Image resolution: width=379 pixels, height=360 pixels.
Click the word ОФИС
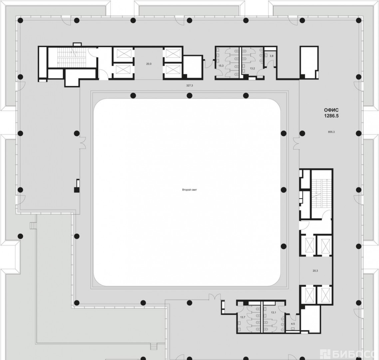(x=331, y=110)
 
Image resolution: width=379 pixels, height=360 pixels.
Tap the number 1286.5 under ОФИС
(x=331, y=116)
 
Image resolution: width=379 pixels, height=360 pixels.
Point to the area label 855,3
(x=331, y=132)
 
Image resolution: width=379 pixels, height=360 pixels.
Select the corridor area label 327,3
(x=189, y=85)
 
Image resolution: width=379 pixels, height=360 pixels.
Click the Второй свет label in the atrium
(x=189, y=190)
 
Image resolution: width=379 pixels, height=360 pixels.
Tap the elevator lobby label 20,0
(x=149, y=64)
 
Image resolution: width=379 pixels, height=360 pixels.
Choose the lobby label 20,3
(x=315, y=271)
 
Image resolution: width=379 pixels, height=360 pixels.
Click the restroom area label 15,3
(x=221, y=66)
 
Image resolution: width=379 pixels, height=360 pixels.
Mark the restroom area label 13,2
(x=252, y=68)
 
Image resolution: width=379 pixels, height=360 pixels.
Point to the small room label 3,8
(x=271, y=56)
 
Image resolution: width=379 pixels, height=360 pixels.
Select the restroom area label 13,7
(x=243, y=317)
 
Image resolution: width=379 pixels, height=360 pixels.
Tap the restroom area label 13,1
(x=273, y=313)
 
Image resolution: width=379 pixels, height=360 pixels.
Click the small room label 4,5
(x=293, y=324)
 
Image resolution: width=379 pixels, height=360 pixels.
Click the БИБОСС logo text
(x=353, y=355)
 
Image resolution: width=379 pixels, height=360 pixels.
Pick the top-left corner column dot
(x=21, y=20)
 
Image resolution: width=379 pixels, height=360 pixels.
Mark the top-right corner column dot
(x=358, y=20)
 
